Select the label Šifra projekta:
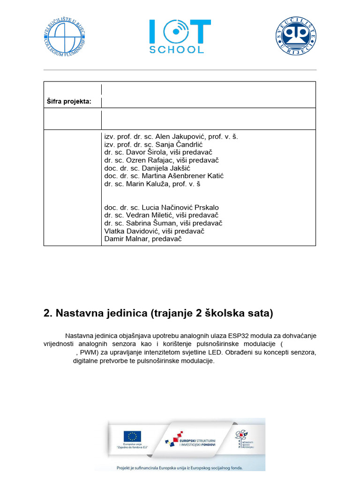point(68,101)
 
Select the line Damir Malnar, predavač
point(142,239)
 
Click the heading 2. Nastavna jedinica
point(157,314)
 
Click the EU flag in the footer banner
point(133,436)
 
